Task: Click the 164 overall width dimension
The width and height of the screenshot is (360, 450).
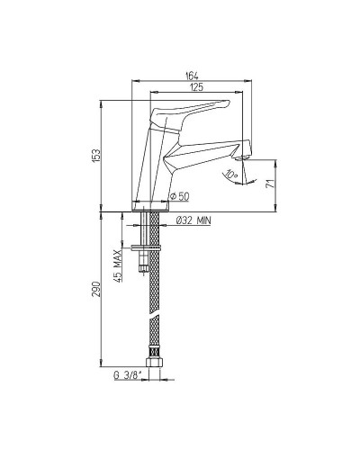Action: (192, 76)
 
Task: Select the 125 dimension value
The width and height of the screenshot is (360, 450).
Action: (196, 87)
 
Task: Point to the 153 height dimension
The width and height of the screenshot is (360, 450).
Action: (96, 156)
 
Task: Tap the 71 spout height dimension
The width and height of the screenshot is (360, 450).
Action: (271, 184)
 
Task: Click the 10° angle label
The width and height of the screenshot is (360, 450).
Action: (231, 174)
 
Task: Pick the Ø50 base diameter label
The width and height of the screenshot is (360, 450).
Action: (179, 196)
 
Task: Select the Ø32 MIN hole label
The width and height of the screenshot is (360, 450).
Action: (193, 220)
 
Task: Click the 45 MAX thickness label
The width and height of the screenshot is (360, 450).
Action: (118, 265)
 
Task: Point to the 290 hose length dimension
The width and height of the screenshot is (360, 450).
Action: (96, 289)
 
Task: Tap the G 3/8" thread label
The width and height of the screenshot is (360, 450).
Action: (128, 375)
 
